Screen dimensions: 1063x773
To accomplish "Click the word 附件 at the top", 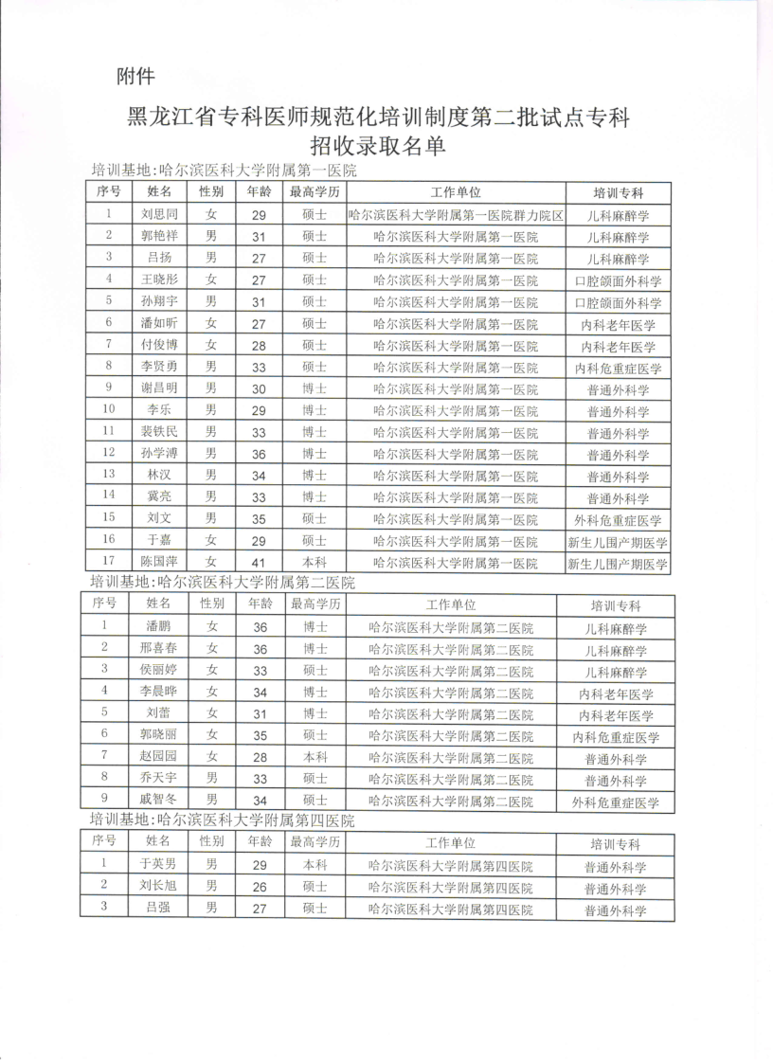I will [x=135, y=76].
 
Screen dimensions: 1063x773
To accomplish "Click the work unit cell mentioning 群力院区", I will [x=456, y=215].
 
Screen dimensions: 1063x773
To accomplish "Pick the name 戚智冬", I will [x=158, y=801].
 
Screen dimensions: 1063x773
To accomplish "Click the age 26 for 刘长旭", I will [x=260, y=887].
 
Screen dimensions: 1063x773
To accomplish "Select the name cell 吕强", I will [x=158, y=910].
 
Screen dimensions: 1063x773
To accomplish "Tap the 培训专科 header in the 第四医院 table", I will [x=616, y=844].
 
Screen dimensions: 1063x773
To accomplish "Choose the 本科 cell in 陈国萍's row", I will [x=315, y=563].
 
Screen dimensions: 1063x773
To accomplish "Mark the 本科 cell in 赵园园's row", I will [x=315, y=757].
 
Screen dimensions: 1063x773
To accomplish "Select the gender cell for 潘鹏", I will [x=212, y=626].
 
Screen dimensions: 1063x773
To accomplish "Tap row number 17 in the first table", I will [x=110, y=563].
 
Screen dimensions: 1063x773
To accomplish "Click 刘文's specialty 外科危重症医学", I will [x=618, y=520].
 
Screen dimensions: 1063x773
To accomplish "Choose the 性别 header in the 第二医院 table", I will [x=212, y=603].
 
